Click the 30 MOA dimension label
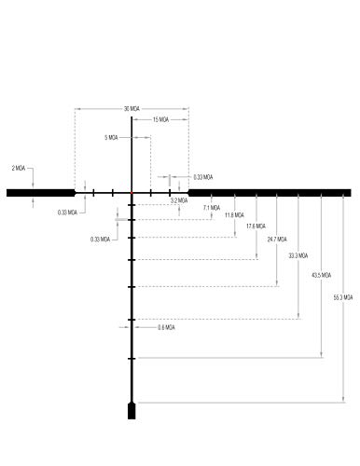[132, 109]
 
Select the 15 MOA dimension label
[160, 119]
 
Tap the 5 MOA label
[111, 137]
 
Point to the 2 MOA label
[19, 168]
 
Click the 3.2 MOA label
[179, 200]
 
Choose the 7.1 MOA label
[212, 208]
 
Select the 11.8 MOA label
[234, 215]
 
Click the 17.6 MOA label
[256, 226]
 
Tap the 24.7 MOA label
[277, 240]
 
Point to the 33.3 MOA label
[298, 255]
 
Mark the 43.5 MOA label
[322, 275]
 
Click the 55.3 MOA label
[343, 297]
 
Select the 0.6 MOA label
[166, 327]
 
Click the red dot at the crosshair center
[132, 193]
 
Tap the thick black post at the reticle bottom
[132, 411]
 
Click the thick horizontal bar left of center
[41, 193]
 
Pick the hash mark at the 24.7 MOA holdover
[132, 287]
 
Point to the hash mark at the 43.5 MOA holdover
[132, 359]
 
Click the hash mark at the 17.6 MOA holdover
[132, 260]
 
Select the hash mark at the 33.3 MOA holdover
[132, 320]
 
